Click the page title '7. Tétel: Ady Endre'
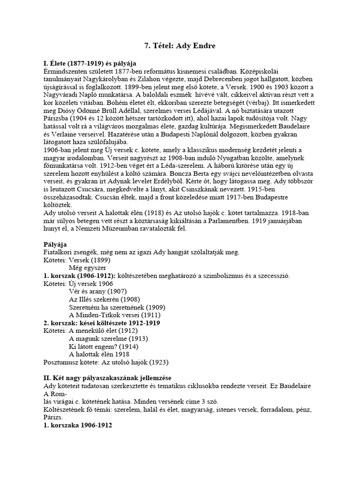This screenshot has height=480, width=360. pos(180,46)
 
